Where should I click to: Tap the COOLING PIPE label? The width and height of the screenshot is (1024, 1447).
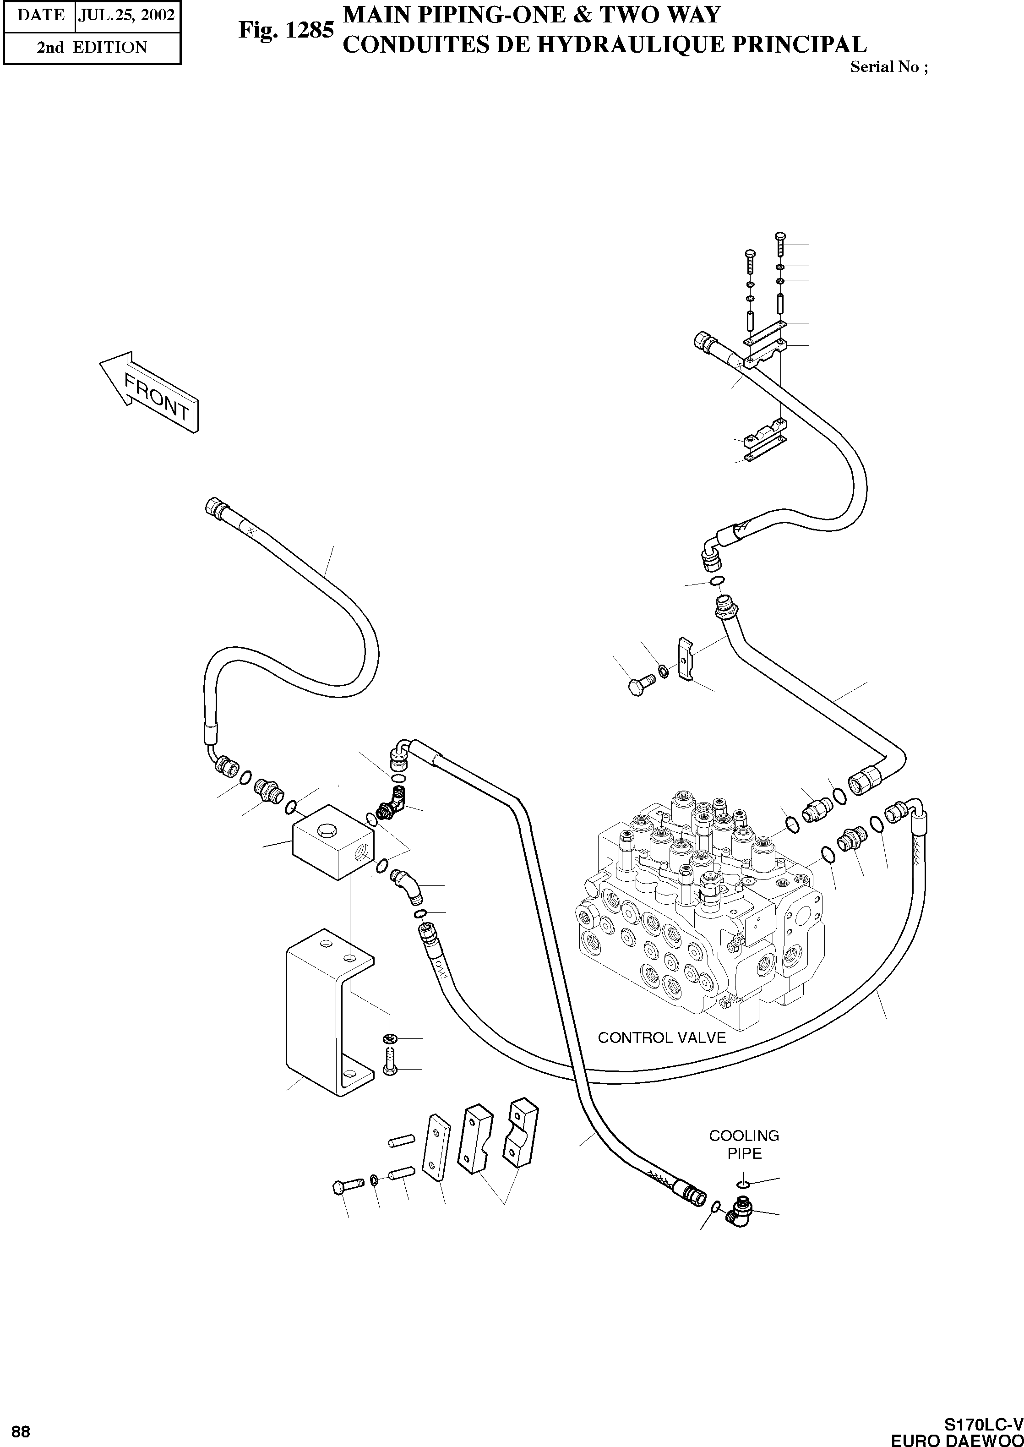click(744, 1144)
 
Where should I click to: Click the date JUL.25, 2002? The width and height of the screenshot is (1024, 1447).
click(126, 15)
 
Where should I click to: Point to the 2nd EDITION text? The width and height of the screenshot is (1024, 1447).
click(92, 47)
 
